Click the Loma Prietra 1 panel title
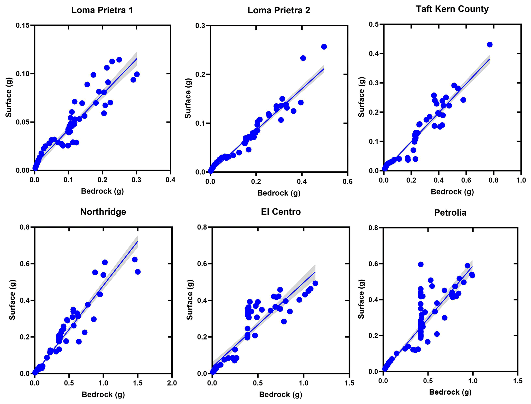102,10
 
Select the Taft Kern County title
452,9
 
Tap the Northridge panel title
103,212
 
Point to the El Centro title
281,212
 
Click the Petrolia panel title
450,213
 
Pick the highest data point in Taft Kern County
490,45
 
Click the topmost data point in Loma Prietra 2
324,47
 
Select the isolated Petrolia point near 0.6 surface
421,264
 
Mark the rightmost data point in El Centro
315,283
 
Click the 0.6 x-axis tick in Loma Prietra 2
347,181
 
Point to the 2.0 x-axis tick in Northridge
172,383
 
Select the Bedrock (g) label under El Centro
281,394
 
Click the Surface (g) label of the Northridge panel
12,300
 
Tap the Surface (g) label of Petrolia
361,299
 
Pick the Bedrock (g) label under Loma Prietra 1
102,191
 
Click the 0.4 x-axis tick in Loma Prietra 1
170,180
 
